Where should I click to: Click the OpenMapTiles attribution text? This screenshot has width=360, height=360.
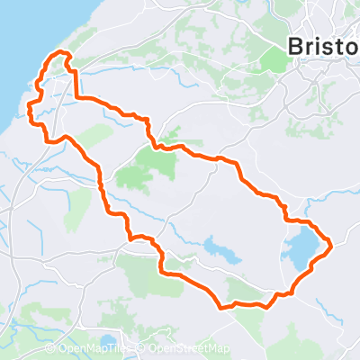tap(97, 348)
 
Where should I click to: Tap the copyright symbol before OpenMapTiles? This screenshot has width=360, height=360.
tap(51, 348)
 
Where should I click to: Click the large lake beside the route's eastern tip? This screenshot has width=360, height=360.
tap(301, 247)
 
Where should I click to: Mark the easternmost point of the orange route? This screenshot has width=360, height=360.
tap(332, 243)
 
